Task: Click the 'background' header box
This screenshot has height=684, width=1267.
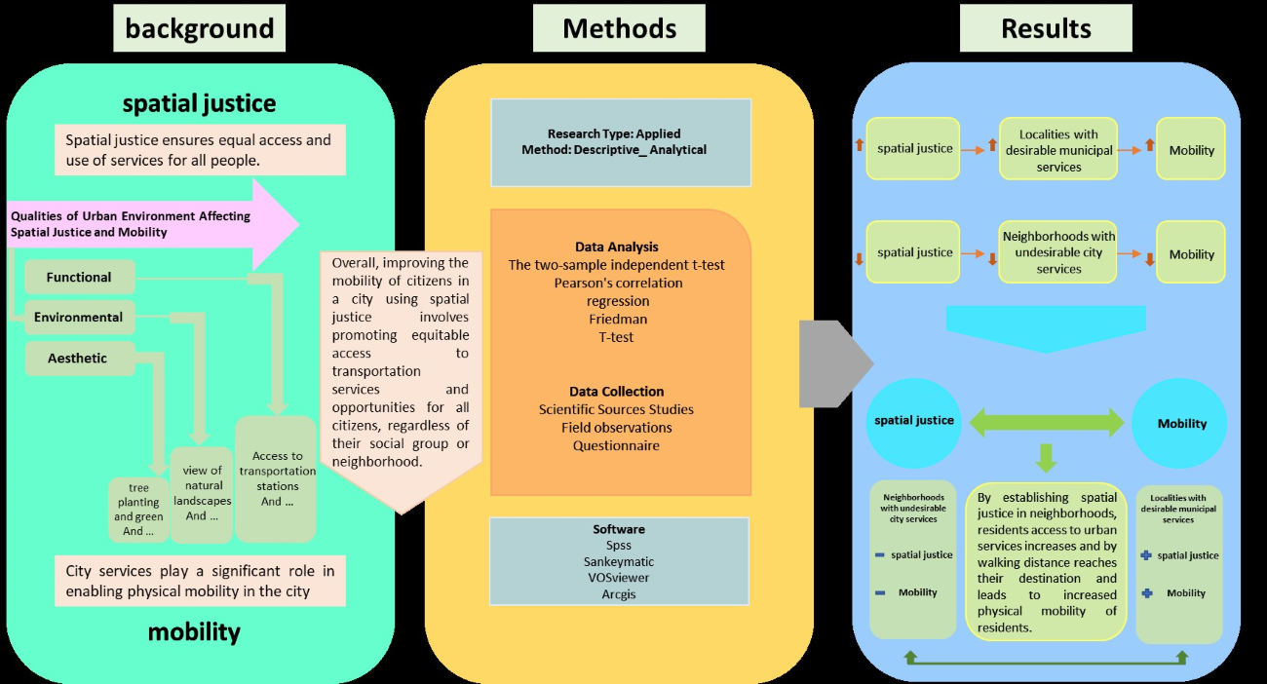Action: click(x=200, y=28)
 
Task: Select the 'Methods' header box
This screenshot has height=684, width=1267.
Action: click(x=619, y=28)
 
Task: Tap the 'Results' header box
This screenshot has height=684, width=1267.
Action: click(x=1046, y=28)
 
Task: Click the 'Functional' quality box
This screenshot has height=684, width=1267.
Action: click(x=79, y=277)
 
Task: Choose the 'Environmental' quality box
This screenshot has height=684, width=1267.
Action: click(x=79, y=317)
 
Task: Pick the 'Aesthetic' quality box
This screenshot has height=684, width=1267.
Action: click(x=78, y=358)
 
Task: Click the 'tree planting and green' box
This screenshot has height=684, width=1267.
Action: click(x=137, y=509)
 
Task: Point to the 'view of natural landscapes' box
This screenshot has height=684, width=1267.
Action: click(x=202, y=493)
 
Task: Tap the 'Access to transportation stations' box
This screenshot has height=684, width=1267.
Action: click(x=277, y=478)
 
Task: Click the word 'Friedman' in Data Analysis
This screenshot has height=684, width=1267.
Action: click(x=618, y=319)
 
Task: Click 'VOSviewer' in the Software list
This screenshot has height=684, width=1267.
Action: click(x=619, y=578)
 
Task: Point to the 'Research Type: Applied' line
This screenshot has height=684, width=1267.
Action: click(x=614, y=133)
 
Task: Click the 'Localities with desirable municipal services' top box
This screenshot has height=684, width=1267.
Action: click(x=1058, y=150)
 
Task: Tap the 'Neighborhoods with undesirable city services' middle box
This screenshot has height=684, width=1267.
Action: click(x=1058, y=252)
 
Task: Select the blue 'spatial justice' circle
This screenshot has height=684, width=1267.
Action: click(x=914, y=421)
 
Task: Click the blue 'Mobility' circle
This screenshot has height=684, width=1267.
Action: click(x=1181, y=423)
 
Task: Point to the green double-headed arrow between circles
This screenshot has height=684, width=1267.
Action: click(x=1047, y=422)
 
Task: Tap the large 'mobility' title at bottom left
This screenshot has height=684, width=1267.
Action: click(x=194, y=631)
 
